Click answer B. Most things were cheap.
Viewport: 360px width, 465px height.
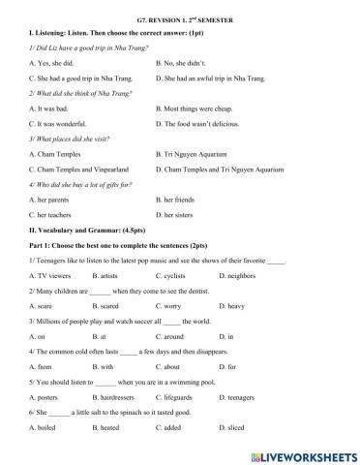tap(198, 108)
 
